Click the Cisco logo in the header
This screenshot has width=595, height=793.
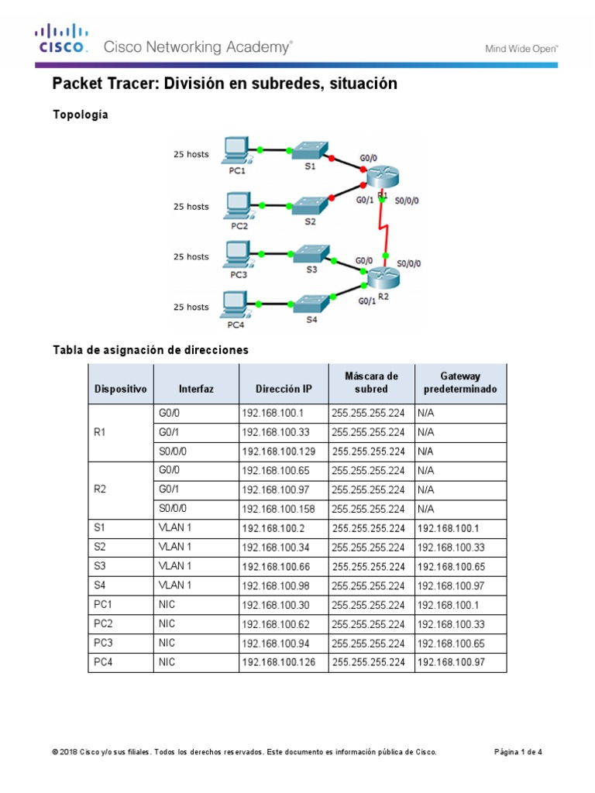click(60, 39)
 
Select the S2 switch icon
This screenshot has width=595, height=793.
click(309, 205)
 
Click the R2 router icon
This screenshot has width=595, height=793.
click(380, 276)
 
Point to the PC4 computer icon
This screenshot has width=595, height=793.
click(233, 304)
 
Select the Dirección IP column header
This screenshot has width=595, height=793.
click(284, 389)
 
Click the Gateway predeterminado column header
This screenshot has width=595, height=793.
click(460, 383)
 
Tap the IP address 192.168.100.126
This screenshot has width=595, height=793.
click(278, 663)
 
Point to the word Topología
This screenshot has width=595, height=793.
click(81, 115)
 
